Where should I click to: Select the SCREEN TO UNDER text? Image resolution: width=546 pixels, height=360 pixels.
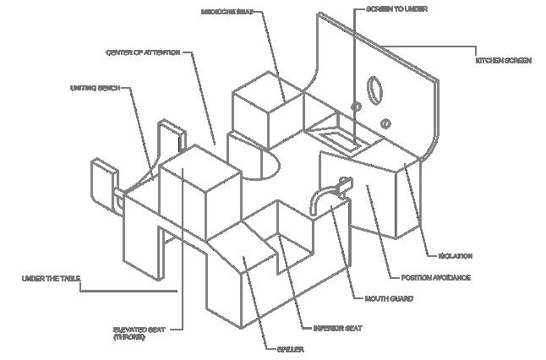coord(385,10)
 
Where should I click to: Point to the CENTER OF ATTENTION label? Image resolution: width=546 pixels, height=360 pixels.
coord(143,52)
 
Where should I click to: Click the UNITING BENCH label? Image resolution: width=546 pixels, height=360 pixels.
coord(91,87)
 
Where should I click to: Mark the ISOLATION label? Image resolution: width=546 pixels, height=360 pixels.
coord(455,255)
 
